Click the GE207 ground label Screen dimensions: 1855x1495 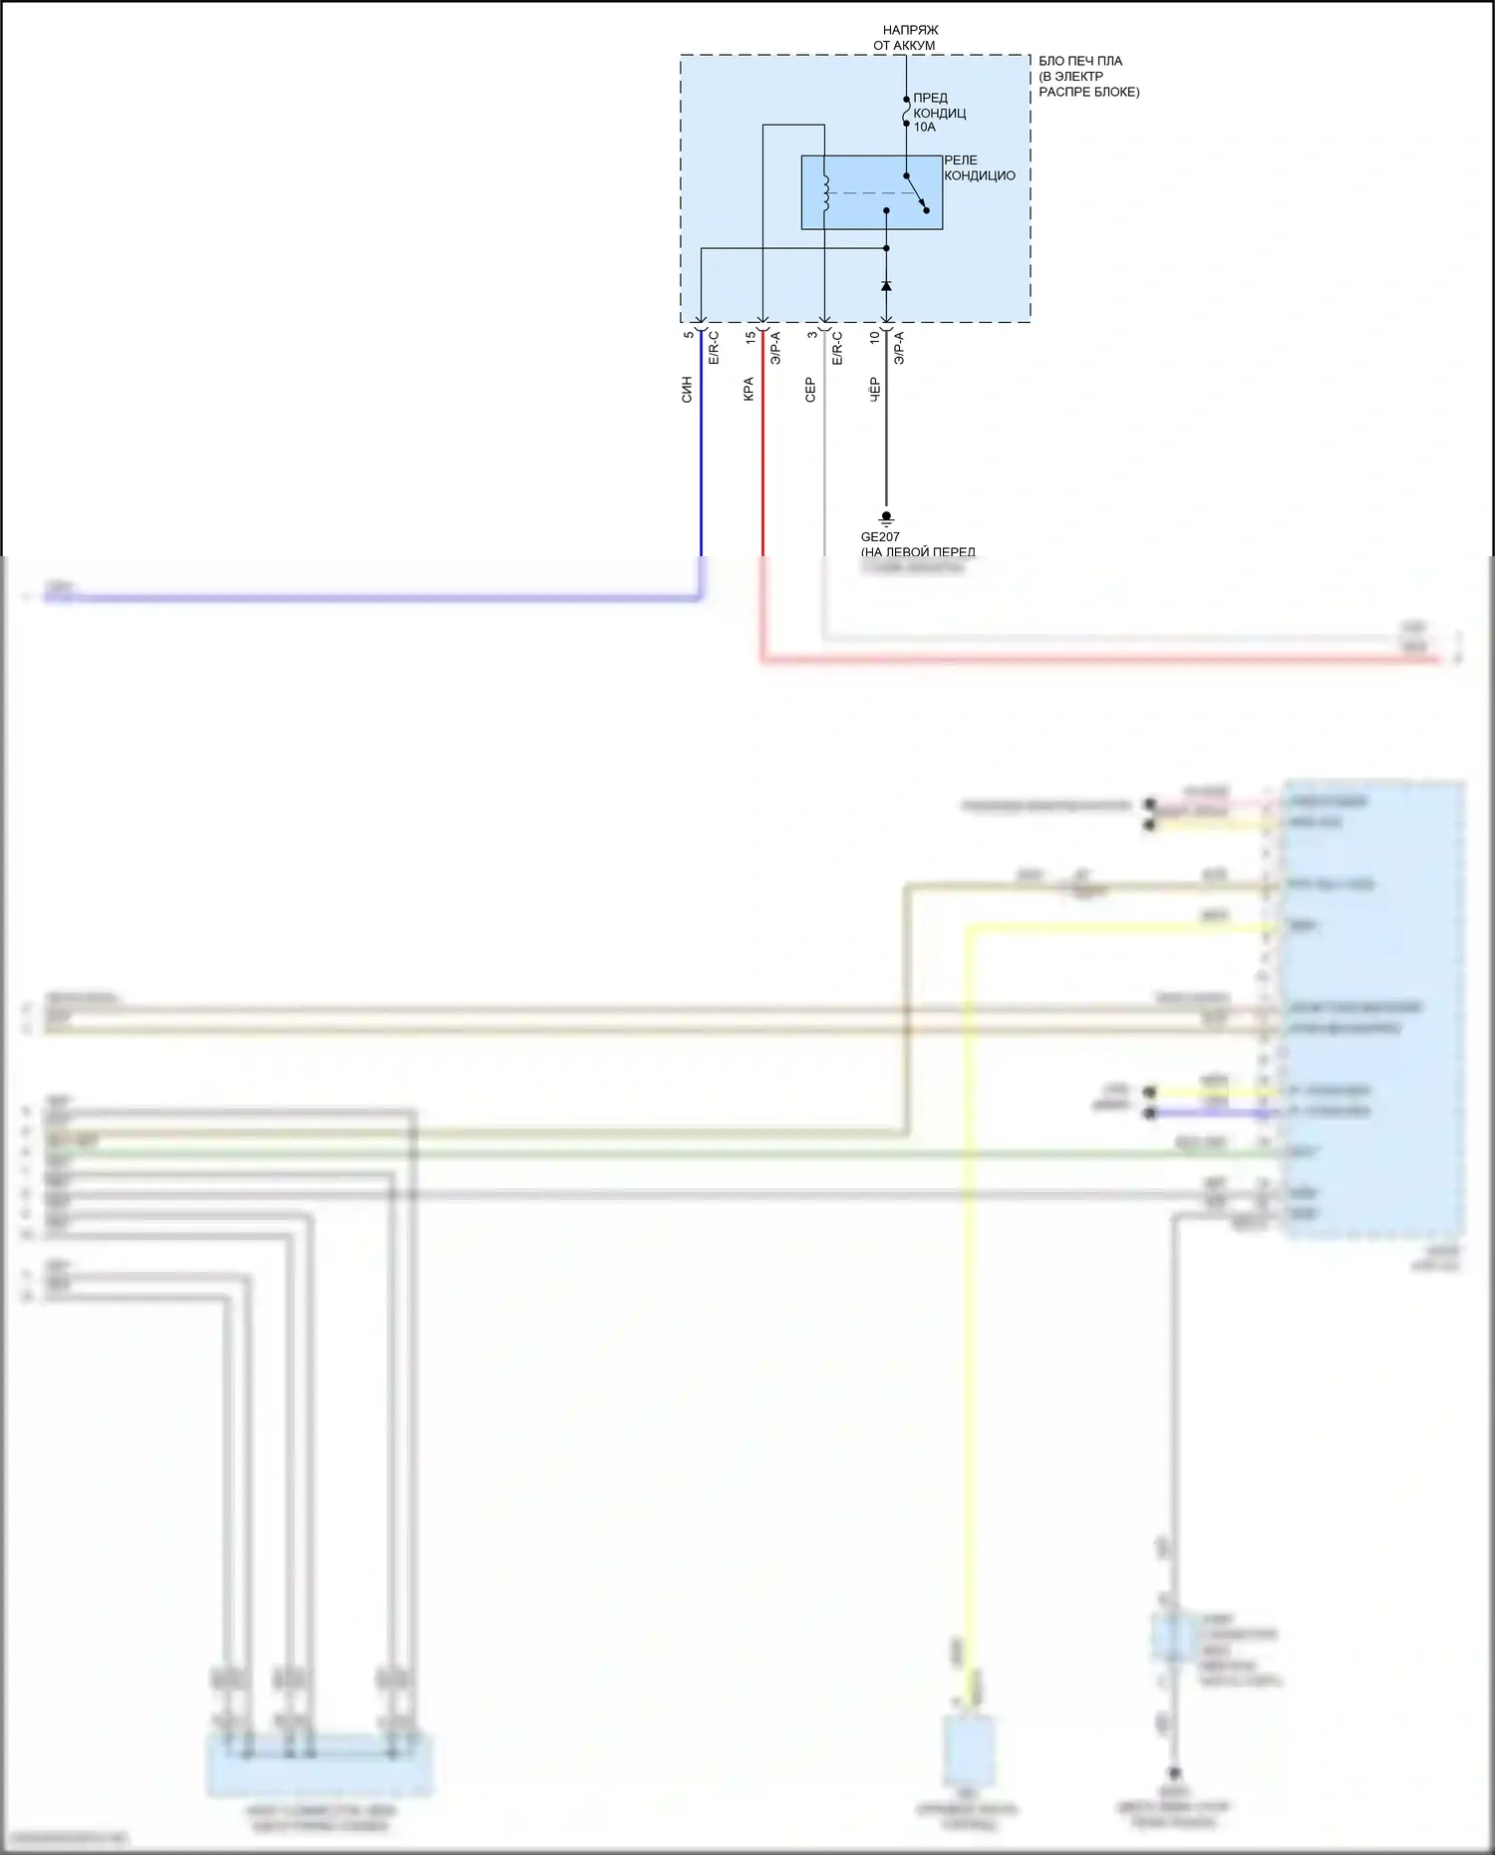point(880,537)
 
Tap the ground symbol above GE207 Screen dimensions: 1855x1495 point(886,518)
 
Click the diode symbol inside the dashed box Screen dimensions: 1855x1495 point(886,286)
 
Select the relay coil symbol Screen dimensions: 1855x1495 point(825,192)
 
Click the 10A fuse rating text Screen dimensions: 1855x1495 point(924,128)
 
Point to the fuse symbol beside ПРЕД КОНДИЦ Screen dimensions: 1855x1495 point(906,113)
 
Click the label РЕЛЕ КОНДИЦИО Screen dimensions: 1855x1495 point(979,167)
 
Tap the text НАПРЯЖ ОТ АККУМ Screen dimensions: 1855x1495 point(907,38)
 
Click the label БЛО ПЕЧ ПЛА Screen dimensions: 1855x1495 point(1080,61)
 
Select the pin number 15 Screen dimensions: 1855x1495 point(750,338)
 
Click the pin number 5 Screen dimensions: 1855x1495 point(689,335)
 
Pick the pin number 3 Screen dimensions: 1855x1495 point(812,335)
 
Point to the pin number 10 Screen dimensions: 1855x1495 point(874,338)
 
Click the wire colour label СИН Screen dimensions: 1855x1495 point(687,390)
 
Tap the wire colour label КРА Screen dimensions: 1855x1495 point(748,390)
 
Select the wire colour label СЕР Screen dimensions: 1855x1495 point(810,390)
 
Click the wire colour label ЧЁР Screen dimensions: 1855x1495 point(874,390)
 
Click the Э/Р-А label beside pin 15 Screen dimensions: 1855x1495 point(775,348)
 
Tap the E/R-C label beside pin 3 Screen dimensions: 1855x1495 point(837,348)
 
